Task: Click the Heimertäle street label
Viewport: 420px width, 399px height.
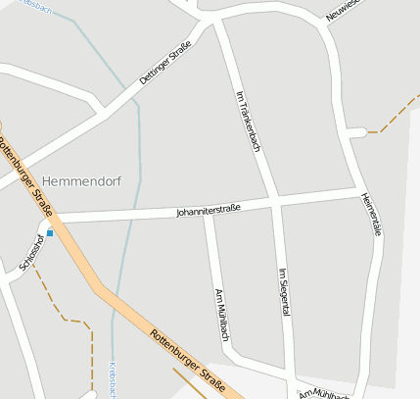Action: [x=370, y=213]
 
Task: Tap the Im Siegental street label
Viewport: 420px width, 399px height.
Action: [x=285, y=292]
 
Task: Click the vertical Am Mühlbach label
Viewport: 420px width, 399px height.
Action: [x=221, y=315]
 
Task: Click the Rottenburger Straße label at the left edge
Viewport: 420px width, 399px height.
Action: [x=26, y=175]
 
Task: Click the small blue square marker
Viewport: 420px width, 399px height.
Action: [x=50, y=233]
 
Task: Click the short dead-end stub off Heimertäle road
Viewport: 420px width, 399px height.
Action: [x=358, y=131]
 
